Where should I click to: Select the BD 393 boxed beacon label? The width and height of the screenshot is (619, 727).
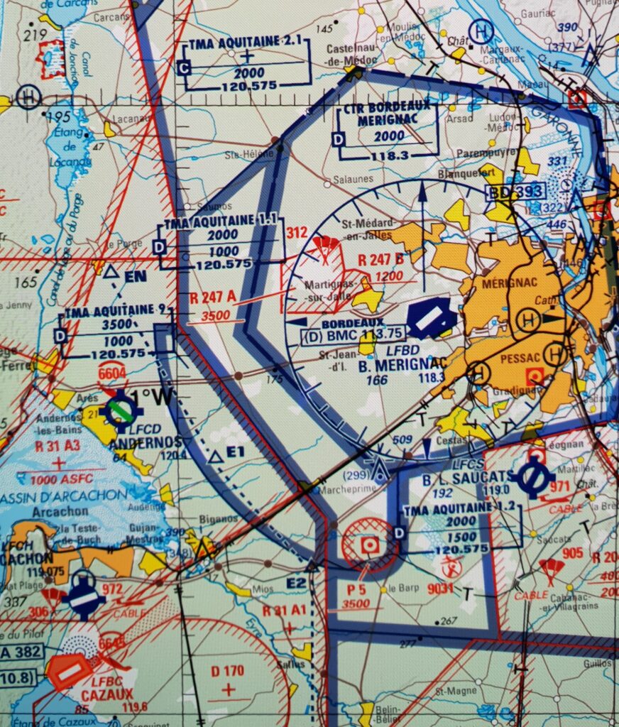516,192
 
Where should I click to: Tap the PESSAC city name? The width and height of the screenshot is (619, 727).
521,359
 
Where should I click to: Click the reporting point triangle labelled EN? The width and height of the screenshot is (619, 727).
110,271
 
